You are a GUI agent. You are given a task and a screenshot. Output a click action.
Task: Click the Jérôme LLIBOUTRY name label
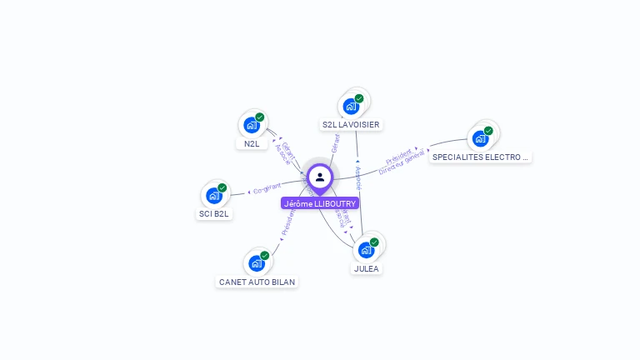coord(320,203)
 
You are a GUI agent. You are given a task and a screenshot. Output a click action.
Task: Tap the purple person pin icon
coord(320,177)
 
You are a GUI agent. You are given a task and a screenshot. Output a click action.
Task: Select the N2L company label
coord(251,143)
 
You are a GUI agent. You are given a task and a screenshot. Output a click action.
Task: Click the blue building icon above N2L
coord(251,126)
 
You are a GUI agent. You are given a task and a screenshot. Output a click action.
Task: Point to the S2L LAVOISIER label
coord(351,125)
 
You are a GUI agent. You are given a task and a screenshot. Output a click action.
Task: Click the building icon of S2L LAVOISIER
coord(351,107)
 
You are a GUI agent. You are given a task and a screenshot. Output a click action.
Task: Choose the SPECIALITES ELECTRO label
coord(480,157)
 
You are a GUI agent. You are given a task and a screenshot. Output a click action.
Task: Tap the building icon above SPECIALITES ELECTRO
coord(479,138)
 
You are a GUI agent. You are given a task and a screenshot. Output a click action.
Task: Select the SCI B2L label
coord(214,213)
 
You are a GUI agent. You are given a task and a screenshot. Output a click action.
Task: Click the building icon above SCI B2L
coord(214,196)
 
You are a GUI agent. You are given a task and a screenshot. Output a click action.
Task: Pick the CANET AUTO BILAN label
coord(257,282)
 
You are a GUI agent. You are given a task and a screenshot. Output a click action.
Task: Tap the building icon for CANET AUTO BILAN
coord(257,263)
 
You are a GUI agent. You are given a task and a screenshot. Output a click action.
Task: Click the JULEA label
coord(367,268)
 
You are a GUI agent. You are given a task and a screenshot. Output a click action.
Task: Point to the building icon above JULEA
coord(366,250)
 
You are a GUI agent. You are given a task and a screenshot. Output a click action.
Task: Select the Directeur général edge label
coord(402,162)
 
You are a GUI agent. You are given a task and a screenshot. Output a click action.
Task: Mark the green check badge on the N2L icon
coord(260,117)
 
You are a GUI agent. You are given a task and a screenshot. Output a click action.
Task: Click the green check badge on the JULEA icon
coord(374,242)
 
